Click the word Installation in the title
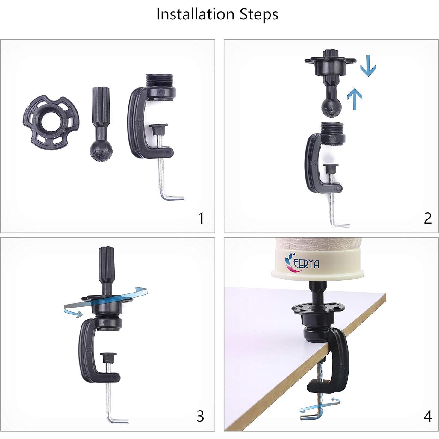click(x=195, y=14)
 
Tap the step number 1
click(x=201, y=218)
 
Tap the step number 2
click(x=428, y=218)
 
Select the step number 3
click(x=200, y=416)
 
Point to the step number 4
click(x=428, y=416)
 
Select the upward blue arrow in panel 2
click(x=355, y=99)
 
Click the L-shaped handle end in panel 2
click(x=340, y=225)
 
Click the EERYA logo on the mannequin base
click(x=302, y=262)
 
